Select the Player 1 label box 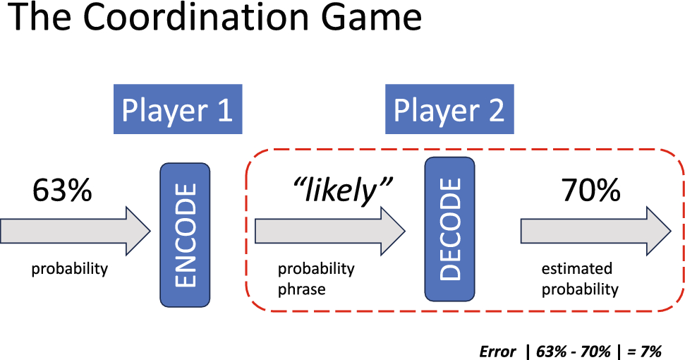tap(177, 110)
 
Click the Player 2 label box tap(449, 110)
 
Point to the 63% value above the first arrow tap(62, 191)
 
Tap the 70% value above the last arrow tap(590, 191)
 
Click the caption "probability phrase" tap(315, 279)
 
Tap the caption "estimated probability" tap(579, 279)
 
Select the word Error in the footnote tap(497, 351)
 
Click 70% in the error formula tap(595, 351)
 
